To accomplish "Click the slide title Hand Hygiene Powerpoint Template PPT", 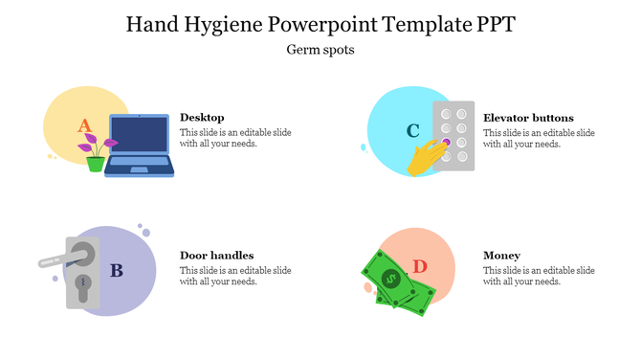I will pos(320,23).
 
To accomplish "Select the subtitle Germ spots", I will pos(320,50).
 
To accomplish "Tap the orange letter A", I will pos(84,125).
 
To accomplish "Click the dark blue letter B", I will pos(116,271).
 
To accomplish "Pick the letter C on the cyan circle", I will pos(412,130).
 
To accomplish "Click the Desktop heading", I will pos(202,117).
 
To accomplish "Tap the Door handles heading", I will pos(216,256).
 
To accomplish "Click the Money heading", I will pos(501,256).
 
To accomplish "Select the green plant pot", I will pos(95,164).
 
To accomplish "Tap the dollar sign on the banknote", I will pos(389,279).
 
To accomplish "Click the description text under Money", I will pos(539,276).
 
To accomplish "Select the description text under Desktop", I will pos(235,138).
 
